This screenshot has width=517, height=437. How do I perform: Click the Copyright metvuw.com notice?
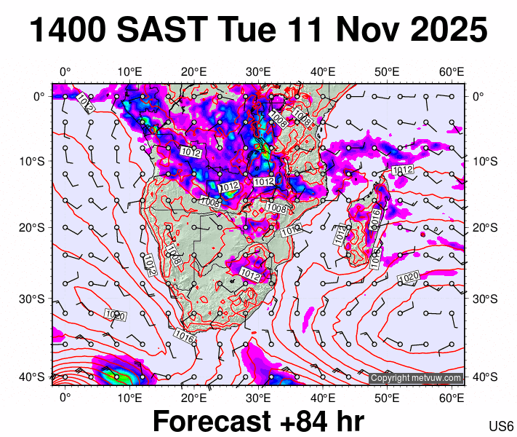click(x=415, y=378)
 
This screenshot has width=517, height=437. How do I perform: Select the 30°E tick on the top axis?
click(x=258, y=71)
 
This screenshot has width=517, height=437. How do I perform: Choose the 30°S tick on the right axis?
click(x=484, y=299)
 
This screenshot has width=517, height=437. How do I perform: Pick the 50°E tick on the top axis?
click(x=387, y=71)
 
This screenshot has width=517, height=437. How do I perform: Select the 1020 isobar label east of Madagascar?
click(x=409, y=277)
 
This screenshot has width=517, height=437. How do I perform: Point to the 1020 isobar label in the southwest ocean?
click(x=114, y=315)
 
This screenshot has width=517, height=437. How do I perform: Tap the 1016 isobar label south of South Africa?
click(x=185, y=339)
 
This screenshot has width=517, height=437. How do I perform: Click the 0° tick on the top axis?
click(x=65, y=71)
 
